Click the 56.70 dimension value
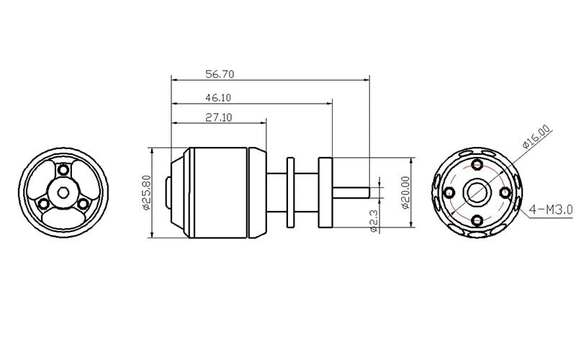point(221,73)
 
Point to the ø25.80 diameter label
point(146,192)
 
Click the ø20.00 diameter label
point(406,192)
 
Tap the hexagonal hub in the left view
point(63,192)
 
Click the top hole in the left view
point(63,170)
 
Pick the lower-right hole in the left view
point(83,204)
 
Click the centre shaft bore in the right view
point(476,192)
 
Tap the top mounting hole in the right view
point(476,164)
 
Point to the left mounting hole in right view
point(449,192)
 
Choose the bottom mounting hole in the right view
point(476,219)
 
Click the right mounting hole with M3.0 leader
point(503,192)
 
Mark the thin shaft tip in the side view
point(356,192)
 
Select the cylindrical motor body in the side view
point(220,192)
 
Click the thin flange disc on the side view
point(291,192)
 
